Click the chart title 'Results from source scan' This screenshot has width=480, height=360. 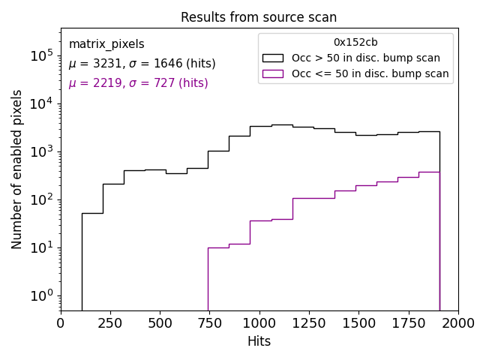coord(259,17)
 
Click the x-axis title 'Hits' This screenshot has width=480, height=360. coord(259,341)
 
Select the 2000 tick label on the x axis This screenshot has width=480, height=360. coord(457,323)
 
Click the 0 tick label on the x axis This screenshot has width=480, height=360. coord(61,323)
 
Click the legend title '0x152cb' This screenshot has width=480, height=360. coord(355,43)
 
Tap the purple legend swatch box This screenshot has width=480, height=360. coord(273,73)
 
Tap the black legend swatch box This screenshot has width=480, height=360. coord(273,58)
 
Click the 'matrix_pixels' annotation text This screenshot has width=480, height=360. coord(106,44)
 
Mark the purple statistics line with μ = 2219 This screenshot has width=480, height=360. coord(138,83)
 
